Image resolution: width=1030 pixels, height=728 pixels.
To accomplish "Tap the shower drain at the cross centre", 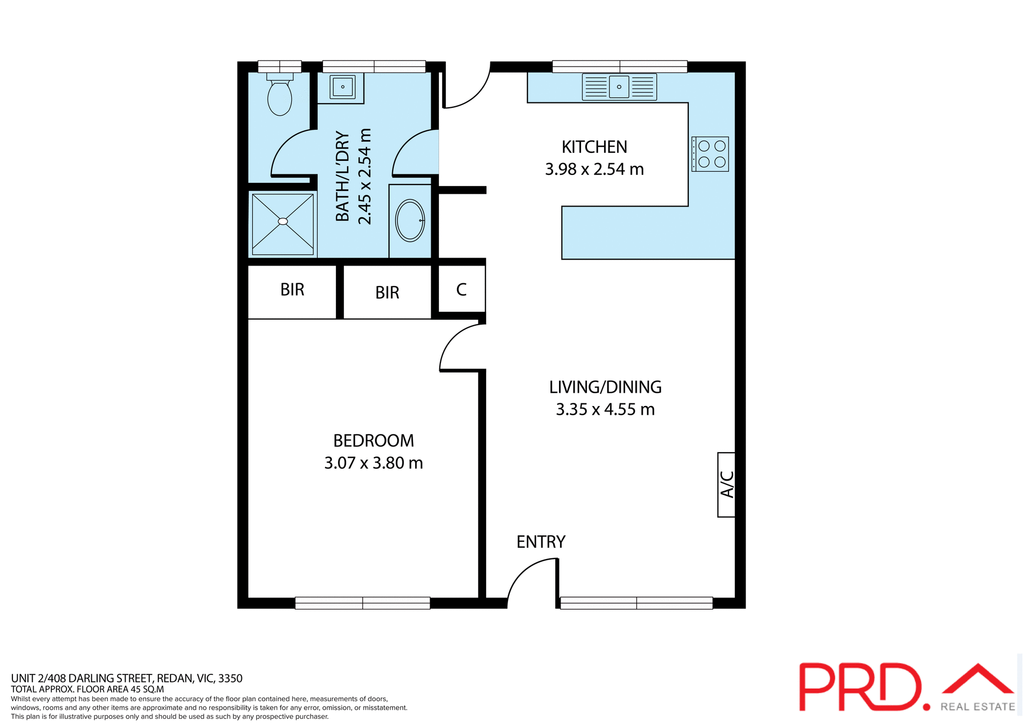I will tap(283, 221).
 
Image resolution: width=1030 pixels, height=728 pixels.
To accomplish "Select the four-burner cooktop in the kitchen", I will tap(710, 154).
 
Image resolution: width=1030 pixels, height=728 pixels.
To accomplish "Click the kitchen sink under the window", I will tap(619, 87).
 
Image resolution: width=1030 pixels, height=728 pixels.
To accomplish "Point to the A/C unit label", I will tap(726, 484).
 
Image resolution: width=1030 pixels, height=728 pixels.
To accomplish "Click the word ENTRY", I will tap(541, 542).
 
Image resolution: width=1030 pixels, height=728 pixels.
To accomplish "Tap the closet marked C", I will tap(461, 290).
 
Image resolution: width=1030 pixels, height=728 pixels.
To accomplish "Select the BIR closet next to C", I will tap(387, 292).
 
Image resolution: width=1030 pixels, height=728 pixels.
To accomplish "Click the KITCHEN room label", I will tap(594, 147).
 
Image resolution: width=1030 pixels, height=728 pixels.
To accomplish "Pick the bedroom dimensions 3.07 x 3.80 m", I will tap(373, 463).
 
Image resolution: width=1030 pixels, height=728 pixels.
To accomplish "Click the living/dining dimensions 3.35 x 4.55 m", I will tap(605, 409).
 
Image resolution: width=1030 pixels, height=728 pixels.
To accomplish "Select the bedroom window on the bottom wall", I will tap(363, 603).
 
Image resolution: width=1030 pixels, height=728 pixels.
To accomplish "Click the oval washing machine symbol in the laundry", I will tap(410, 220).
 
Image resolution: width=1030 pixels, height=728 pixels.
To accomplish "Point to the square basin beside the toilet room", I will tap(342, 86).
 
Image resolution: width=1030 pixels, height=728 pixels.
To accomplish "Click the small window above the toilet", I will tap(279, 67).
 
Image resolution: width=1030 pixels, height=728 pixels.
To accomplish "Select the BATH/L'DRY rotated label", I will tap(343, 177).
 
